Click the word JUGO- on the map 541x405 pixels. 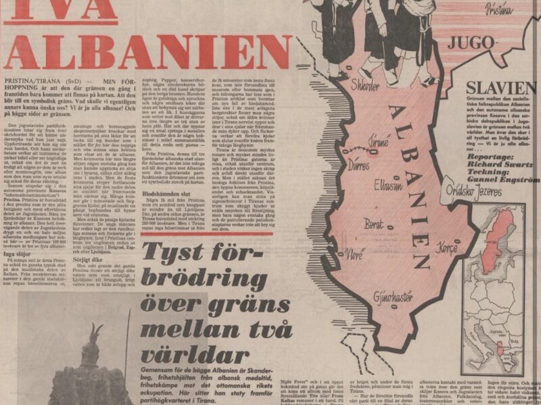(x=471, y=43)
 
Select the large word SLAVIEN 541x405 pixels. (x=501, y=87)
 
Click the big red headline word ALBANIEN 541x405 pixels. (x=149, y=51)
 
